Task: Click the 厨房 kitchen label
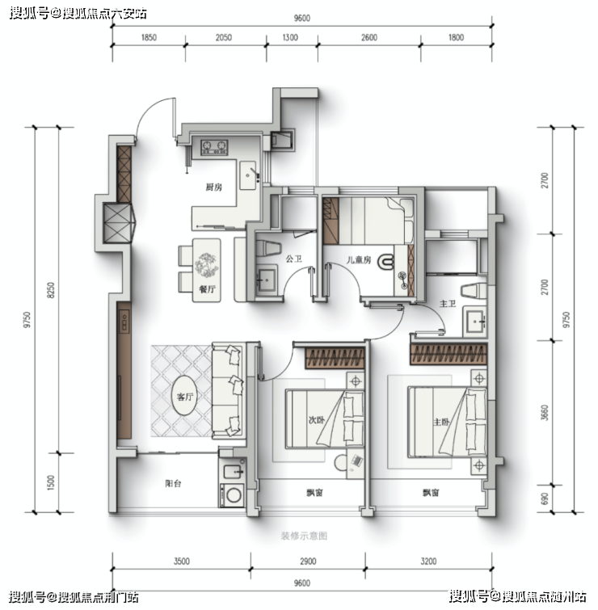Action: click(214, 187)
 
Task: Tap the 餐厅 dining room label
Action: click(207, 289)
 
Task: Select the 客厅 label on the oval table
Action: click(185, 397)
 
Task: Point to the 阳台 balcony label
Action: click(173, 484)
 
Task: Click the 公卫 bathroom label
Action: click(294, 259)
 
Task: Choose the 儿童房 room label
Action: click(359, 259)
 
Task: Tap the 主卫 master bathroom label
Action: click(448, 304)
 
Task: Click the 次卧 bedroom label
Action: click(316, 420)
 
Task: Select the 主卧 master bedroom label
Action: click(441, 422)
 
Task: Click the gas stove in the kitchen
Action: click(214, 147)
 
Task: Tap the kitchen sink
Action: click(248, 175)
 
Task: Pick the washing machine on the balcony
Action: click(233, 494)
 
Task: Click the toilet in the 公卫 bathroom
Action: click(268, 248)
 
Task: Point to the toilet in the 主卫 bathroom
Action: click(474, 291)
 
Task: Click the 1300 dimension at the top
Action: click(290, 37)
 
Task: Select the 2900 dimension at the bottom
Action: click(308, 562)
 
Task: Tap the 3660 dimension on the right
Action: click(545, 413)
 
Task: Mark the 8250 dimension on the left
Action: click(51, 290)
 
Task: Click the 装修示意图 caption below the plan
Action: click(304, 536)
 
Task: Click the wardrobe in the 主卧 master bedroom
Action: click(448, 354)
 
